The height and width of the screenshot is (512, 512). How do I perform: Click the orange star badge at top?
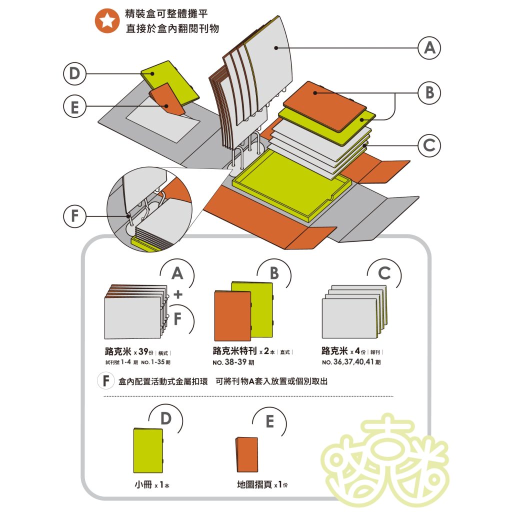(x=107, y=21)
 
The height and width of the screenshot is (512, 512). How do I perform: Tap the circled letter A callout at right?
(x=429, y=48)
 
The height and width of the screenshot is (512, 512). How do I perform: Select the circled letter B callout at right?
(x=429, y=92)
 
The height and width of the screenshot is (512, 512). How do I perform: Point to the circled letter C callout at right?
(x=429, y=145)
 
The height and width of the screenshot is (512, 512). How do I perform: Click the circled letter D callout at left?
(x=75, y=73)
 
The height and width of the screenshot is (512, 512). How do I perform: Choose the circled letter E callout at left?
(x=75, y=107)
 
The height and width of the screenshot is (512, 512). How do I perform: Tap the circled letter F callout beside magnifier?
(x=75, y=216)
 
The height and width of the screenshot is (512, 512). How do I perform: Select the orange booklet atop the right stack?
(x=325, y=106)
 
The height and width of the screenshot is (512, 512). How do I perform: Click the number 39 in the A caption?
(x=143, y=351)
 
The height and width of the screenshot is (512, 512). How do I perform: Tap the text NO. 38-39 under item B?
(x=233, y=362)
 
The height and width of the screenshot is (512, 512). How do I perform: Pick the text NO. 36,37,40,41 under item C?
(x=351, y=362)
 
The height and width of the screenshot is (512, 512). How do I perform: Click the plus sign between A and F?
(x=178, y=294)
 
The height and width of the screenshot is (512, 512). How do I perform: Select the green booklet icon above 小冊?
(x=148, y=450)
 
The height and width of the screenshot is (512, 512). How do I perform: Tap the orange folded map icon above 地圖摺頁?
(x=247, y=454)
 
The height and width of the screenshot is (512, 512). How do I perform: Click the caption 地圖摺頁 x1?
(x=262, y=484)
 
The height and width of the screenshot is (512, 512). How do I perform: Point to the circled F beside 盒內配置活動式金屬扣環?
(x=106, y=380)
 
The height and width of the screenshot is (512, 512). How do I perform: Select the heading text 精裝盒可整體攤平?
(x=166, y=13)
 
